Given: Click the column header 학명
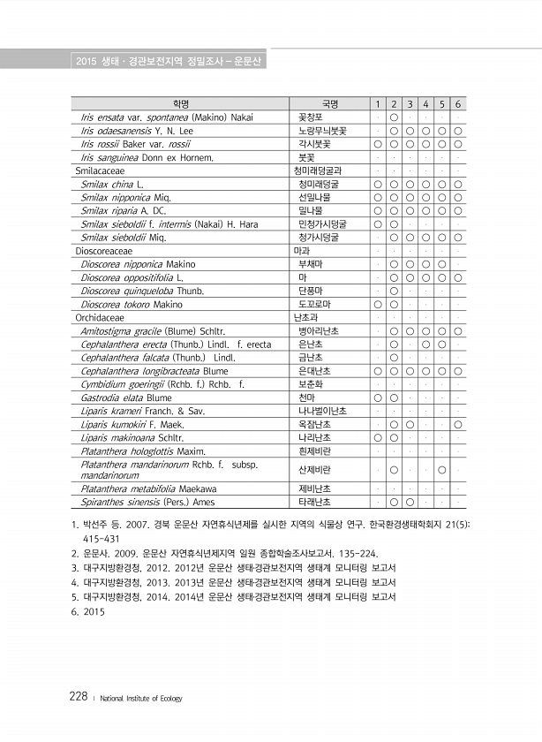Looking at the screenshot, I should click(178, 104).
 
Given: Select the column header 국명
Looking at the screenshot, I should click(327, 104).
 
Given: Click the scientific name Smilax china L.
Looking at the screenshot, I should click(111, 184).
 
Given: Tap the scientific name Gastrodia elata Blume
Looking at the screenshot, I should click(125, 397).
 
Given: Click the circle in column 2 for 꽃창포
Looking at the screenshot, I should click(393, 117).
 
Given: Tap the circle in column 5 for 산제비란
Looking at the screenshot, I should click(441, 469).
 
